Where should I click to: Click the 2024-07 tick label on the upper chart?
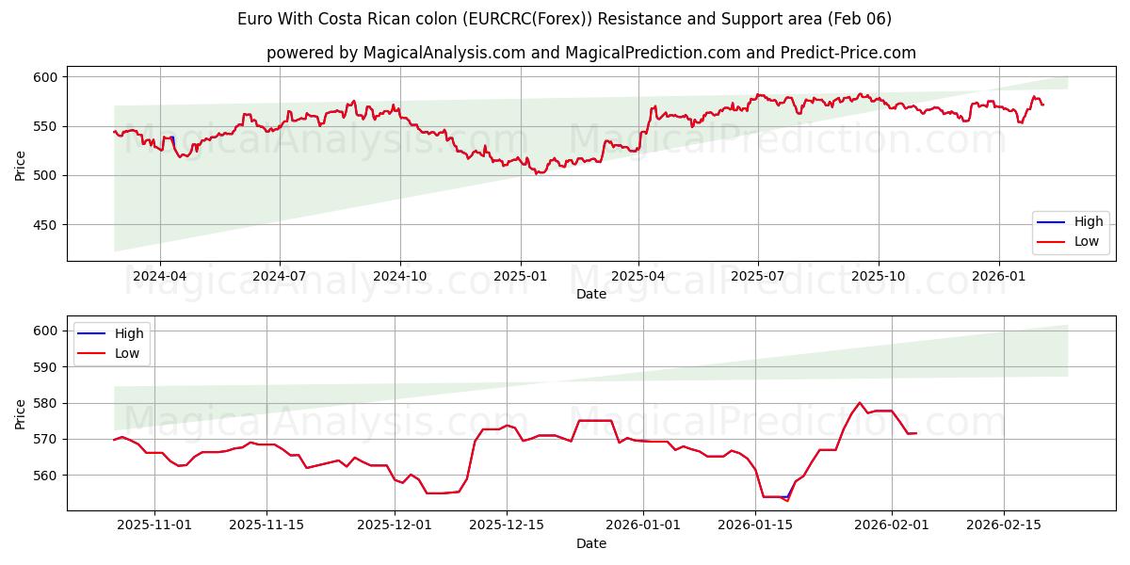point(280,277)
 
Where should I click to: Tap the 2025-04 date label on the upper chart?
point(638,277)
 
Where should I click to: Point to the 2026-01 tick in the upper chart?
point(999,277)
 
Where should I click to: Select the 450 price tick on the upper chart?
point(46,225)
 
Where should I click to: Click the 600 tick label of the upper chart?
point(46,77)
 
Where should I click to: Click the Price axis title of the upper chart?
point(21,164)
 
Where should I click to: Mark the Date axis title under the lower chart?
point(590,543)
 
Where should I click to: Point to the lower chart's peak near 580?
point(859,403)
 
